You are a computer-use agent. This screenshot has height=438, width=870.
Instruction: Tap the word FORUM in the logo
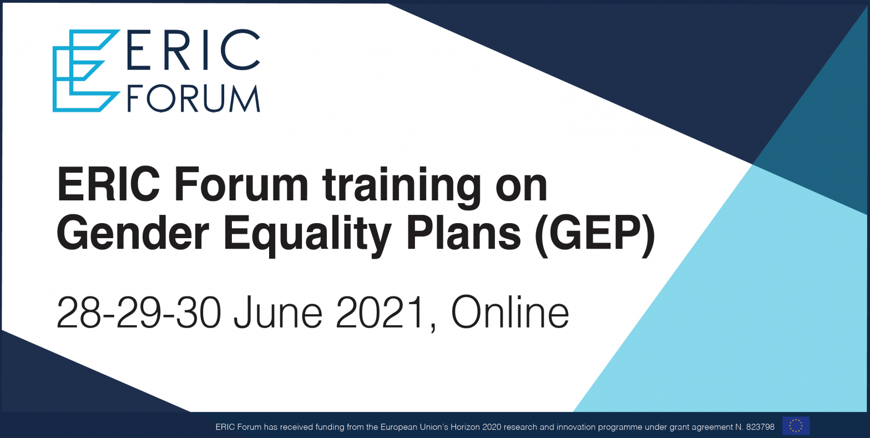point(194,98)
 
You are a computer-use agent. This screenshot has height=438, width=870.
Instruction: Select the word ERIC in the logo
point(193,50)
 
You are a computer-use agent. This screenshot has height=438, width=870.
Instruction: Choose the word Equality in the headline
point(307,237)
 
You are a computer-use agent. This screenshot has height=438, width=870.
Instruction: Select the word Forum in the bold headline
point(241,184)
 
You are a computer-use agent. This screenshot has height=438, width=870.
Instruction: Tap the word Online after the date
point(510,312)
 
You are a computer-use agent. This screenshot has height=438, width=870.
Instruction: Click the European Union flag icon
point(796,426)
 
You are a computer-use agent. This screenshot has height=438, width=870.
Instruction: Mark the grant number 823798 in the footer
point(760,427)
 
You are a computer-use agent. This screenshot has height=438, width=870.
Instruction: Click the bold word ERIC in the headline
point(108,184)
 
